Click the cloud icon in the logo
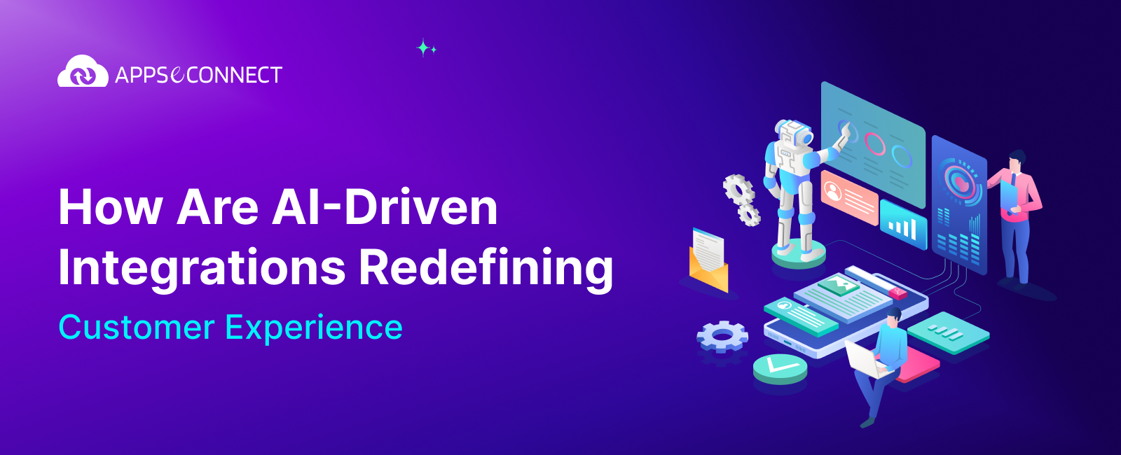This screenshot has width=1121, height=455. click(x=83, y=72)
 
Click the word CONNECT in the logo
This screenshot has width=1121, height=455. click(x=234, y=75)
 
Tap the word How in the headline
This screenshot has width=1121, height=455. click(x=110, y=207)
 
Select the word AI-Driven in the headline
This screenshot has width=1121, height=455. click(x=385, y=207)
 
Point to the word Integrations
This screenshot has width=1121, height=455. click(x=202, y=268)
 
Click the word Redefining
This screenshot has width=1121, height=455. click(x=486, y=268)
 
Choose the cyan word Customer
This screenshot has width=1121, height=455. click(x=137, y=327)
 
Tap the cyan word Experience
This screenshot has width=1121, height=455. click(x=314, y=328)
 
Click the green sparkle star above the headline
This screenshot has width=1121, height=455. click(x=424, y=48)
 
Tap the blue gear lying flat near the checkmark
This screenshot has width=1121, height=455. click(x=722, y=336)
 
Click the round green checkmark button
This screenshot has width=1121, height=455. click(x=780, y=367)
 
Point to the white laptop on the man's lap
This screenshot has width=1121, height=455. click(x=862, y=358)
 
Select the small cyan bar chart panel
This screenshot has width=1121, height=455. click(x=903, y=223)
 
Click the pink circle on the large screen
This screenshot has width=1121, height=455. click(x=875, y=143)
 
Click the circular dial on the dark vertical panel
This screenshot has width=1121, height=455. click(x=958, y=181)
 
